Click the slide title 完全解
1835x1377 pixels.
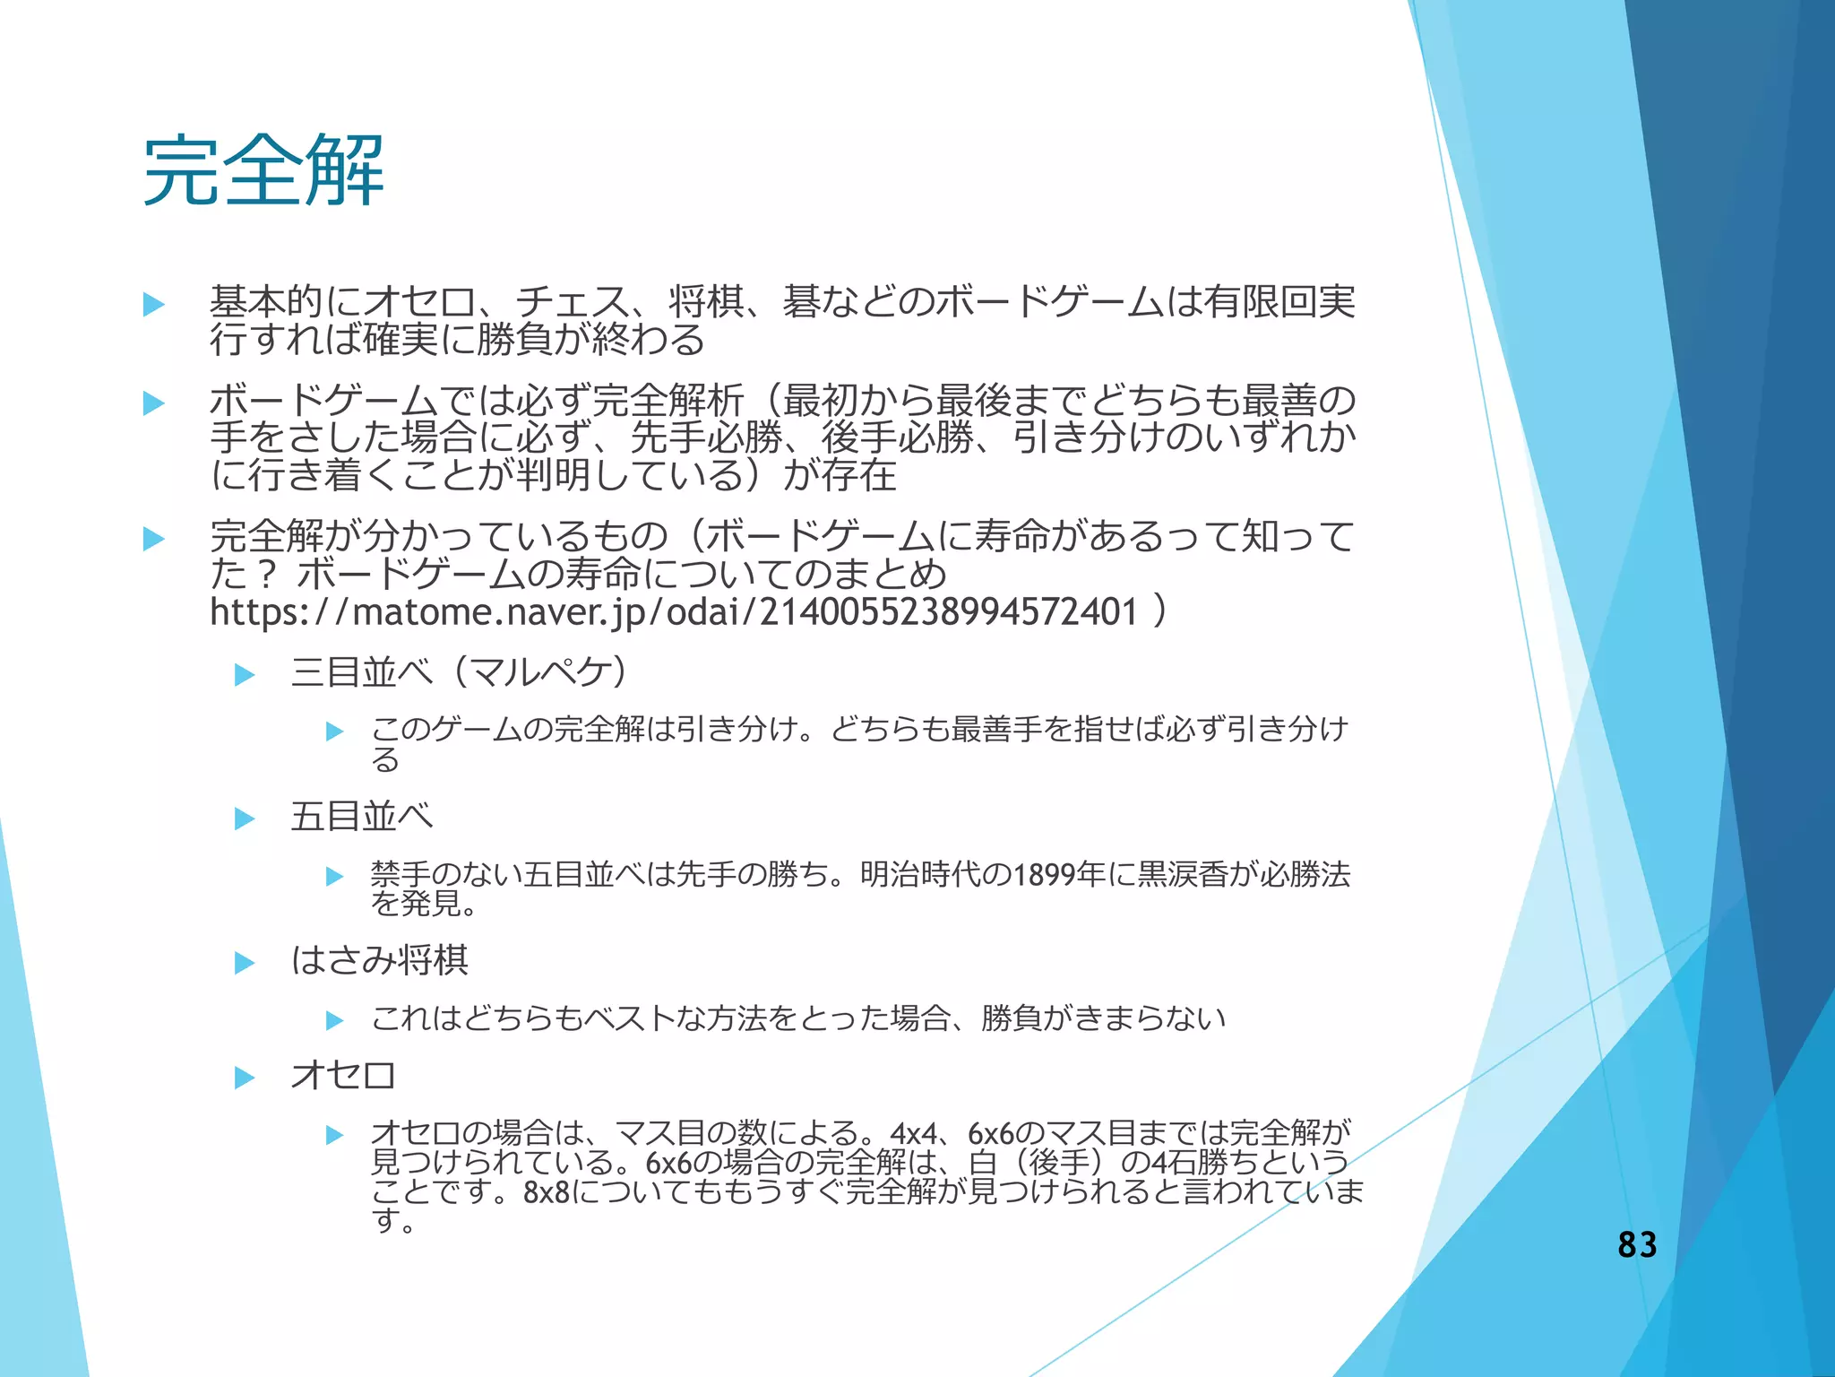263,170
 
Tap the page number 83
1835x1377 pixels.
1637,1244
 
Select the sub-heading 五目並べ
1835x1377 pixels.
362,817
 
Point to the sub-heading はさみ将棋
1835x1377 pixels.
379,961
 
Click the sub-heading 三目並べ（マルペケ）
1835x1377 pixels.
459,672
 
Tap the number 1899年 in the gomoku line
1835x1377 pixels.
1059,874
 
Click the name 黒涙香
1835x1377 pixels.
1182,874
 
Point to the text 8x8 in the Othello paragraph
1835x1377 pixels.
546,1193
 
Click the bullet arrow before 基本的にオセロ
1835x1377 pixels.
154,305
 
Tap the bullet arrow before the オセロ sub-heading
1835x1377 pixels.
245,1078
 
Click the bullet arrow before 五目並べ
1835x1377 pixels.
245,818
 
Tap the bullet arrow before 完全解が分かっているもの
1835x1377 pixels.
154,539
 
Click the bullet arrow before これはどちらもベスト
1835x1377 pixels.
335,1020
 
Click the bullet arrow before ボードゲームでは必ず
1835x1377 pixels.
154,403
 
